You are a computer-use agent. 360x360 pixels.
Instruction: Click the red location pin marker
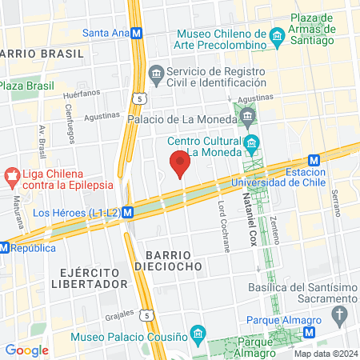[x=180, y=165]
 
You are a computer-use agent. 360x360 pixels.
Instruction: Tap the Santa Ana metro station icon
[x=138, y=34]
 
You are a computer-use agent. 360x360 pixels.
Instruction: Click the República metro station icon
[x=5, y=247]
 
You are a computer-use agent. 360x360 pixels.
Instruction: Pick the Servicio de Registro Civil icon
[x=156, y=77]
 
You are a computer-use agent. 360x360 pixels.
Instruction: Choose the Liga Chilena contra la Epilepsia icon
[x=11, y=174]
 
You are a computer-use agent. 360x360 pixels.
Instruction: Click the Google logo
[x=26, y=350]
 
